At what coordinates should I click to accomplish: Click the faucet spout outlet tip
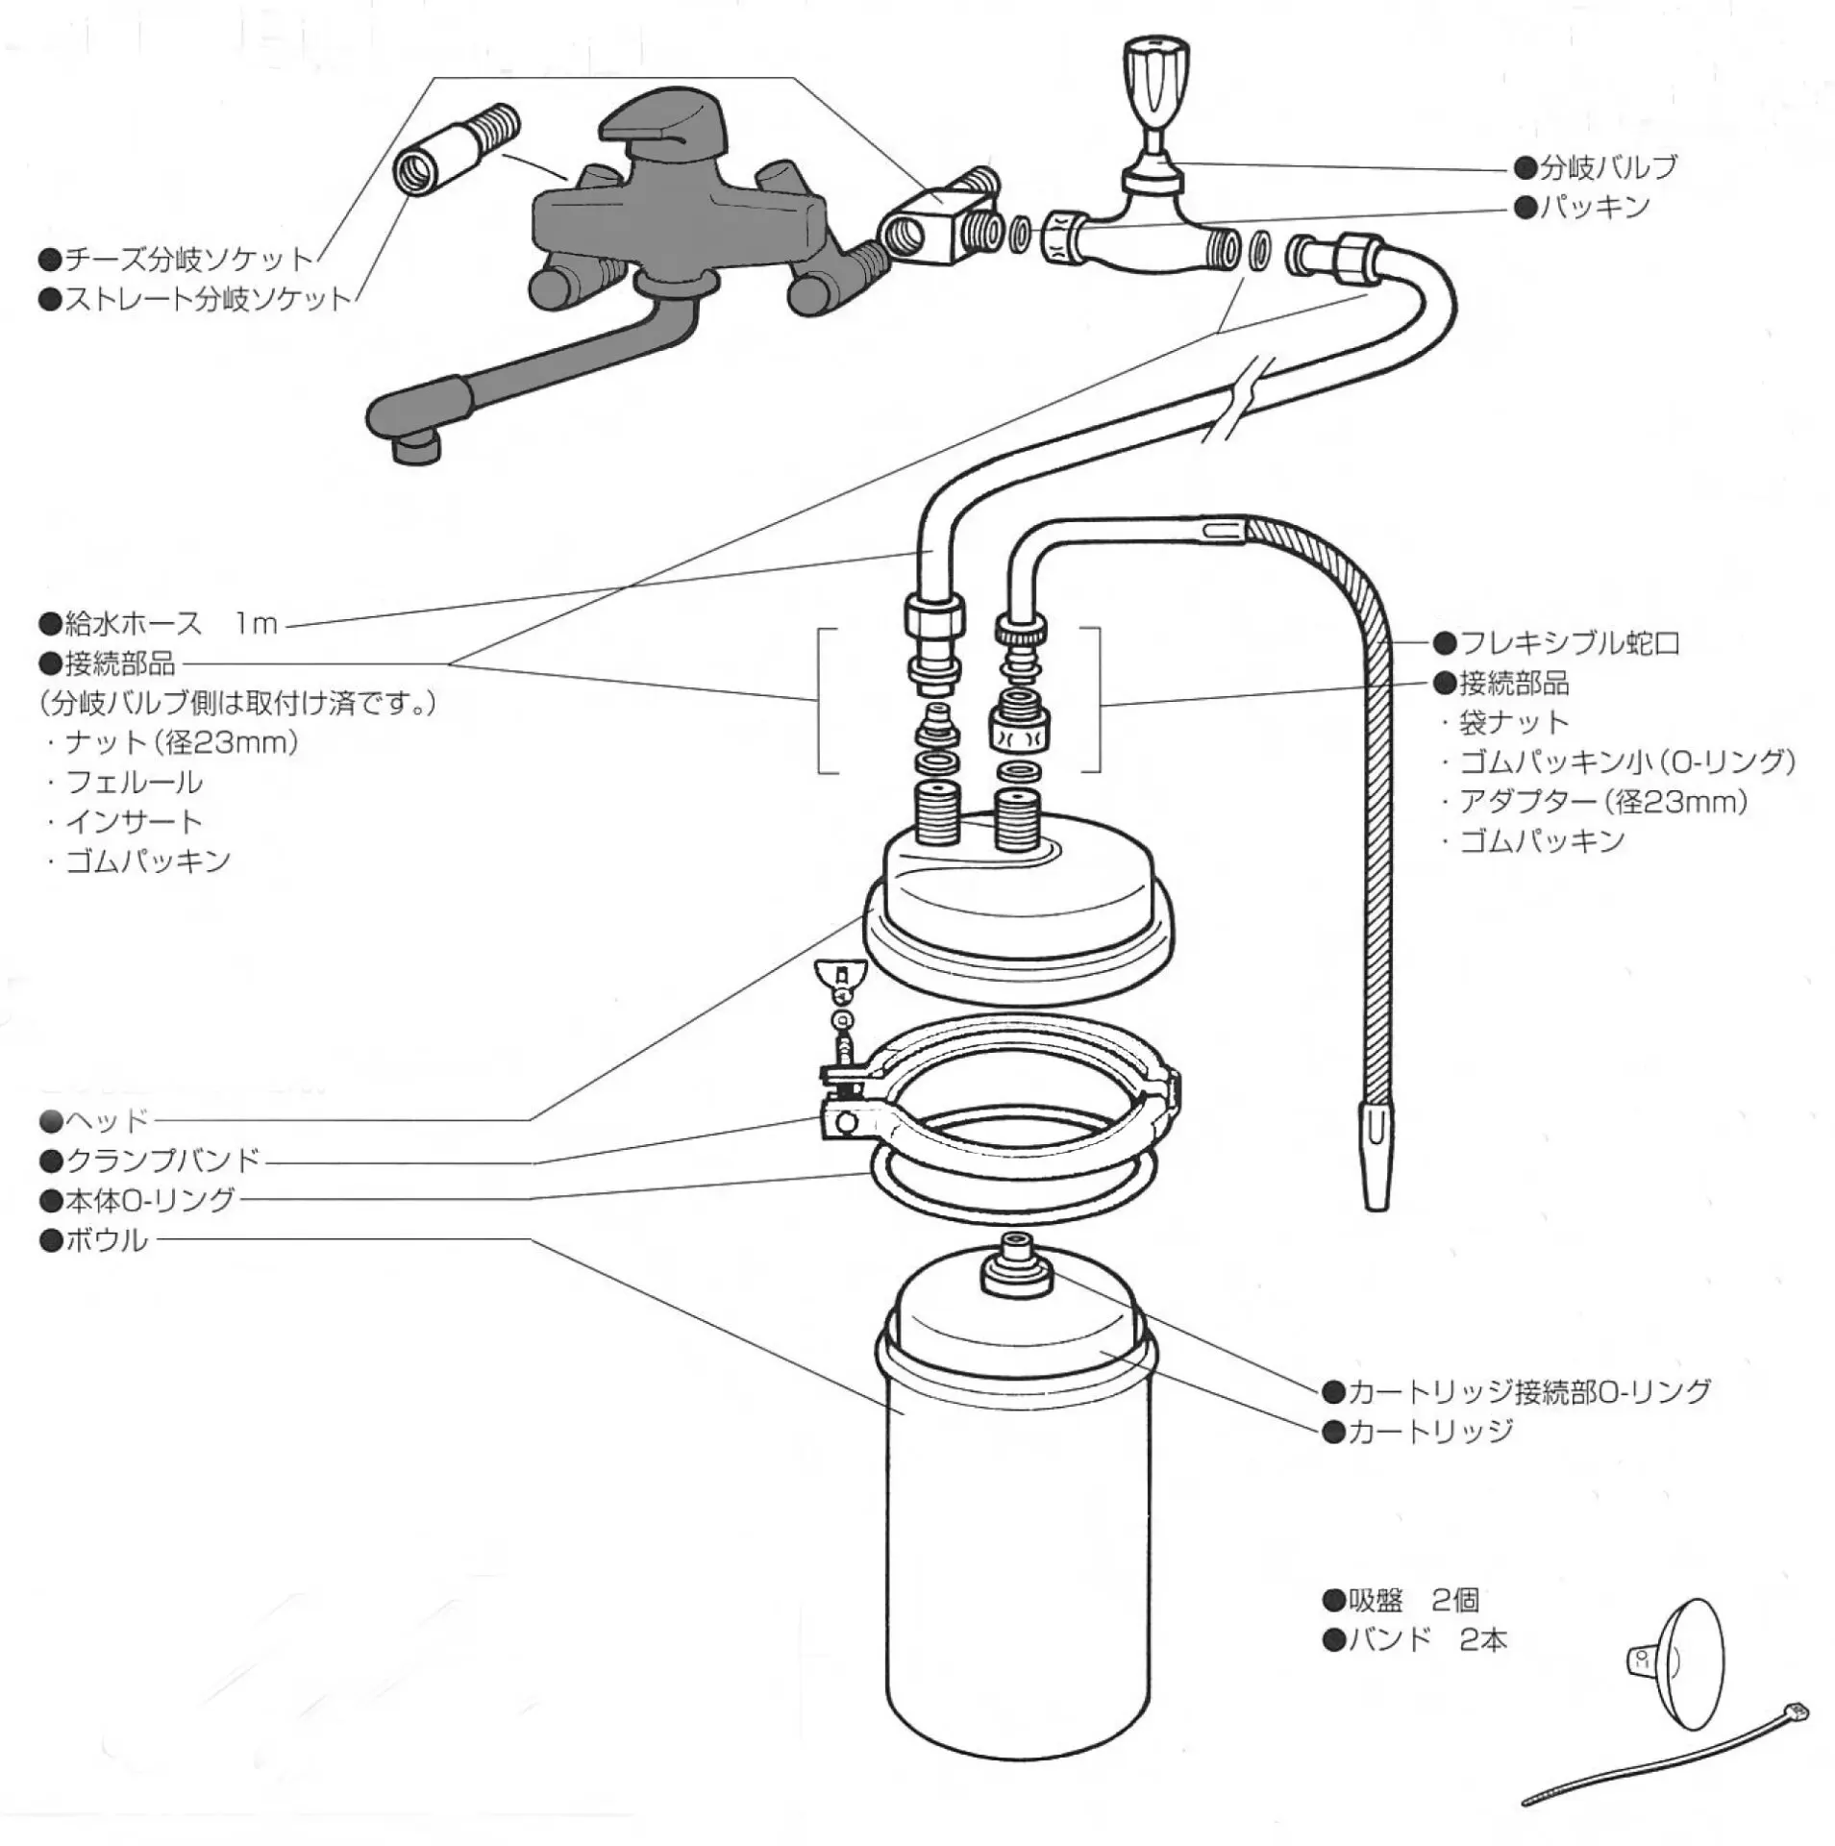(416, 447)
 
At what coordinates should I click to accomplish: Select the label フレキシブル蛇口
(1569, 642)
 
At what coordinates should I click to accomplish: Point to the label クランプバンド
(162, 1160)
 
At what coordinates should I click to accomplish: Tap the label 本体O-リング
(150, 1200)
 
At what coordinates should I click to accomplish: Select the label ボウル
(106, 1240)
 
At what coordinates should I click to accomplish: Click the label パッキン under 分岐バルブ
(1595, 207)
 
